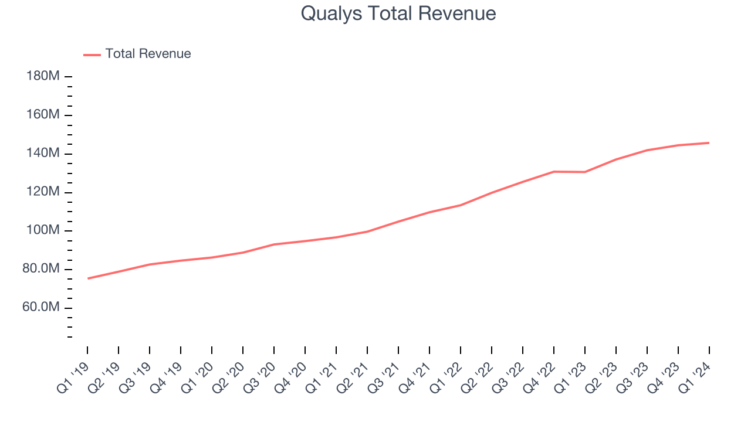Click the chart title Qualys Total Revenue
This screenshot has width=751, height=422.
coord(398,13)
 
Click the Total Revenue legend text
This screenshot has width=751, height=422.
coord(148,54)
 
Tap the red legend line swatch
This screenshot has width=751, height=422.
coord(92,55)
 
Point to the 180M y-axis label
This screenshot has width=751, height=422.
coord(43,77)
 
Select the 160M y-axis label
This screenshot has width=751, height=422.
coord(43,115)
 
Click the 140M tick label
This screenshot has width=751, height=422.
coord(43,154)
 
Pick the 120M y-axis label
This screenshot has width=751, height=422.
coord(43,192)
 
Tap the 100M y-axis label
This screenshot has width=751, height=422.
coord(43,231)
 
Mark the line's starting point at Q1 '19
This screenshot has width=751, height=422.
coord(87,278)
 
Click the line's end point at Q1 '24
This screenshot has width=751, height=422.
coord(709,142)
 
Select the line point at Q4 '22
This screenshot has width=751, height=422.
coord(554,172)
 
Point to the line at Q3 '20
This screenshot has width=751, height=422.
coord(274,244)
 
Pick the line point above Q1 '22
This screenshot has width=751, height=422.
coord(461,205)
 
